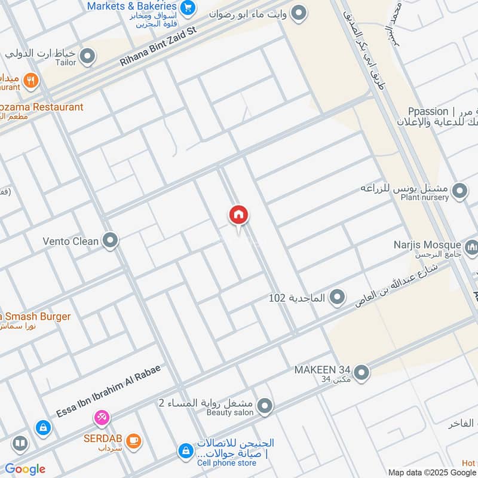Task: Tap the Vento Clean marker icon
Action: (110, 241)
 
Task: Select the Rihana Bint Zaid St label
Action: (158, 46)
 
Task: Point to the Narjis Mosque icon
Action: (471, 246)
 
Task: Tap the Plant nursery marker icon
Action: (459, 192)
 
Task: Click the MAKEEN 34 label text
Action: (322, 370)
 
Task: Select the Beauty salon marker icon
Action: (266, 407)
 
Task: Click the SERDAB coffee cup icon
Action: (134, 440)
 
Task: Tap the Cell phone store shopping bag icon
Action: (186, 451)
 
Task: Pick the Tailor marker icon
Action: (88, 57)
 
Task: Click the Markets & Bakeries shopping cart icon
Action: (188, 8)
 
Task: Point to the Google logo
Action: (25, 469)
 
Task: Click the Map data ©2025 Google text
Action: (432, 472)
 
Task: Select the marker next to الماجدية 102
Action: (338, 296)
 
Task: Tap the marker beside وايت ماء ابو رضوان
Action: (299, 11)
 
